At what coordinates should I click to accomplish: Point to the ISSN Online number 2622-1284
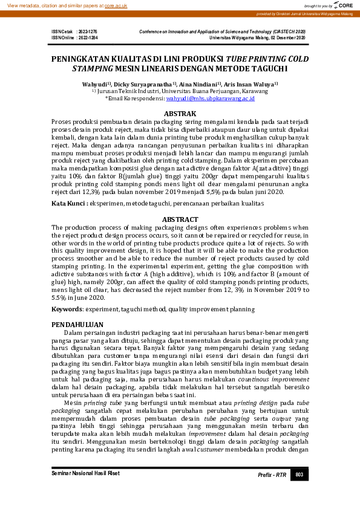(x=88, y=37)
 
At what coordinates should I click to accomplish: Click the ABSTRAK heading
(x=180, y=113)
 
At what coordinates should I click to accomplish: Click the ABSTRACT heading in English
(x=180, y=219)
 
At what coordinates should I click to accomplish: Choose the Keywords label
(x=67, y=308)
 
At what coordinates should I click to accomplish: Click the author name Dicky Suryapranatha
(x=145, y=84)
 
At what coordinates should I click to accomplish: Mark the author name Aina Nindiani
(x=200, y=84)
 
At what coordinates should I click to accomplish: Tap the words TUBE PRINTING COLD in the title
(x=267, y=59)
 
